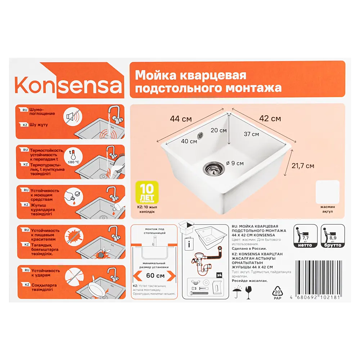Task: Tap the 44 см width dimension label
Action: pyautogui.click(x=181, y=118)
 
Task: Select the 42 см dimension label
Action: pyautogui.click(x=270, y=118)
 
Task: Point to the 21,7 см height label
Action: pyautogui.click(x=303, y=166)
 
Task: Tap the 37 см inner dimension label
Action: pyautogui.click(x=251, y=134)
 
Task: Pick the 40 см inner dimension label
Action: pyautogui.click(x=189, y=141)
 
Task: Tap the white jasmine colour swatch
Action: pyautogui.click(x=327, y=192)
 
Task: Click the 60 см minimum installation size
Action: pyautogui.click(x=155, y=276)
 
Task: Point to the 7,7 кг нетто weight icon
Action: pyautogui.click(x=306, y=236)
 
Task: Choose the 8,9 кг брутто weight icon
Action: pyautogui.click(x=333, y=236)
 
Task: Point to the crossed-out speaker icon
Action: pyautogui.click(x=71, y=116)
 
